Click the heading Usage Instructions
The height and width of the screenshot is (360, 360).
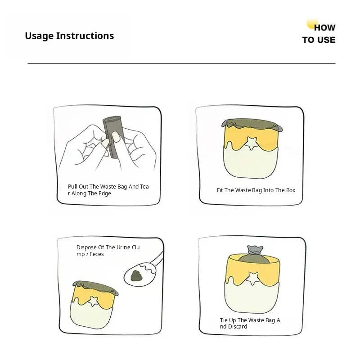click(69, 36)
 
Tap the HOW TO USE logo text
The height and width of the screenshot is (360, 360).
click(319, 33)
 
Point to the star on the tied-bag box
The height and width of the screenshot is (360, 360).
click(253, 278)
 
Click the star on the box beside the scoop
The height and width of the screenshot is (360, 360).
click(93, 301)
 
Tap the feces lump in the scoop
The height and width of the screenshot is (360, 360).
click(137, 275)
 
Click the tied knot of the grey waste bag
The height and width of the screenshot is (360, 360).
click(255, 250)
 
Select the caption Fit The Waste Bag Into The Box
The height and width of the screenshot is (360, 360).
click(256, 190)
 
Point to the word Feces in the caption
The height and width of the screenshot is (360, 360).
click(97, 254)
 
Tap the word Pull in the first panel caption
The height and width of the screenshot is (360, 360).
click(72, 187)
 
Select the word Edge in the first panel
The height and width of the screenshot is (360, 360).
click(105, 193)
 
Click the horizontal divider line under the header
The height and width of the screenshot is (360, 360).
click(181, 63)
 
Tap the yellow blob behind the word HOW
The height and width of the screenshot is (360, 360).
click(312, 24)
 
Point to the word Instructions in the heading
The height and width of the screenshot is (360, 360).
click(85, 36)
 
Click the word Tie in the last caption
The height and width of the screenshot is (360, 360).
click(224, 320)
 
